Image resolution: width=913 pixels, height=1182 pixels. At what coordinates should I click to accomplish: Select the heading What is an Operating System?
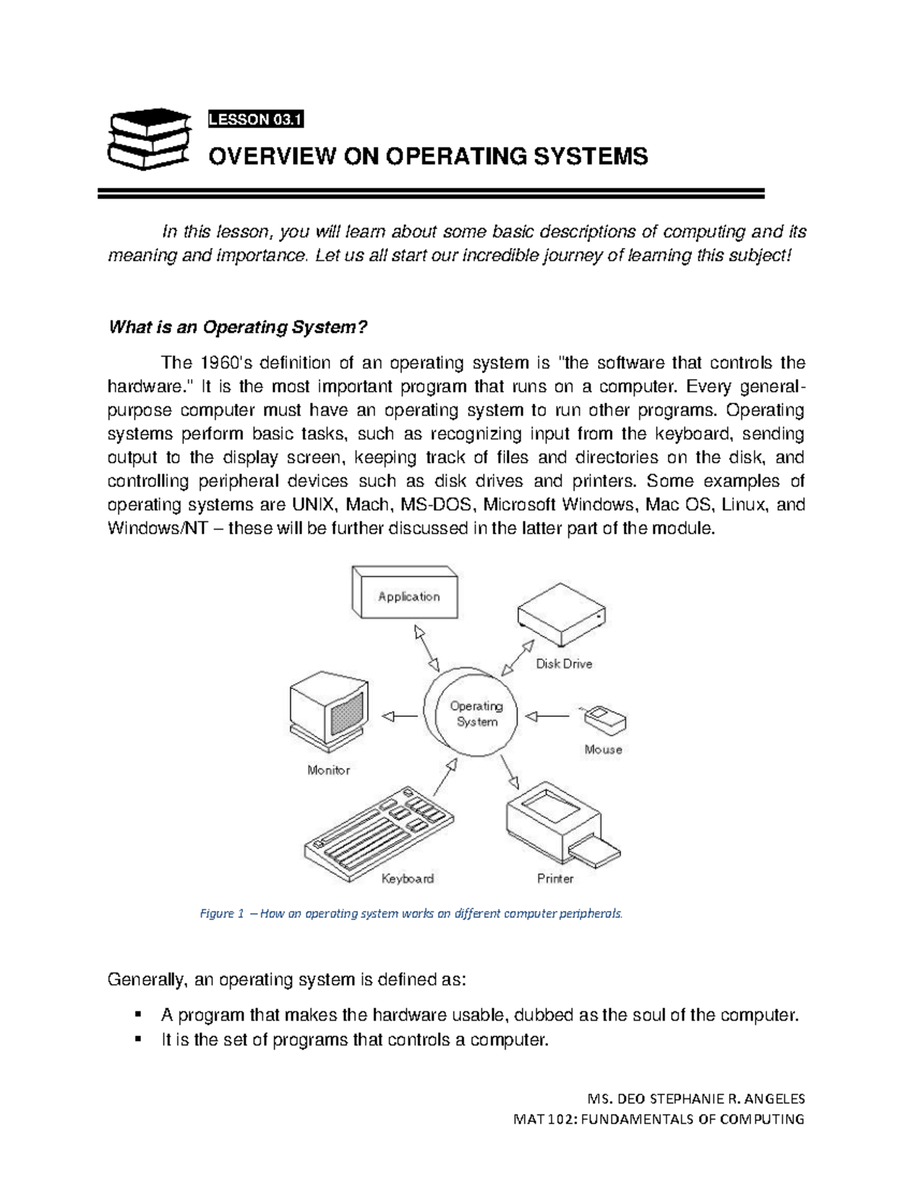click(238, 327)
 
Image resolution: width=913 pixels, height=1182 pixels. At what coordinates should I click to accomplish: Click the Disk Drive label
click(564, 664)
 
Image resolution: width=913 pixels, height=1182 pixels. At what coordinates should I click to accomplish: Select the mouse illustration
click(605, 717)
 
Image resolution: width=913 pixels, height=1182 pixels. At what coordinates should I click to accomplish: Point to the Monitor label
click(329, 770)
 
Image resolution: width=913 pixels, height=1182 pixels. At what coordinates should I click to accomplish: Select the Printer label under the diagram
click(555, 878)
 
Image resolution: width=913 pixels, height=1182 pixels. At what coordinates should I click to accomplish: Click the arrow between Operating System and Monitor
click(399, 715)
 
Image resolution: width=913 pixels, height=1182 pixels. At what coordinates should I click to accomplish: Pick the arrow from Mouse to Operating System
click(548, 715)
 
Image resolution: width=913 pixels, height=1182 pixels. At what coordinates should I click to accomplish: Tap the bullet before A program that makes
click(138, 1015)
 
